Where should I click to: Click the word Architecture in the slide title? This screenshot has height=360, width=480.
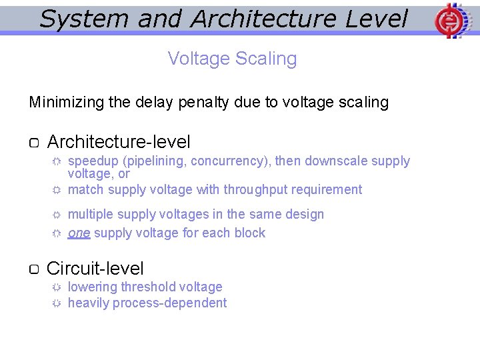point(264,19)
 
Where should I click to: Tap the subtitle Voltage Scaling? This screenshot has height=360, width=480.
point(232,59)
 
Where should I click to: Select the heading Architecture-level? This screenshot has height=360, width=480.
point(119,142)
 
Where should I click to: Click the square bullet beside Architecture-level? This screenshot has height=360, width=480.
point(35,143)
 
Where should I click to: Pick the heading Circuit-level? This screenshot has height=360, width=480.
point(95,269)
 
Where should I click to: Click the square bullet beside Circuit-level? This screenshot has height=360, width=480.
point(35,269)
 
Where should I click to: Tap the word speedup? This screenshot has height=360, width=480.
point(93,161)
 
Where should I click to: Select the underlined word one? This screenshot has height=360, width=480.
point(79,233)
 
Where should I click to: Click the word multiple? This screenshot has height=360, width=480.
point(90,215)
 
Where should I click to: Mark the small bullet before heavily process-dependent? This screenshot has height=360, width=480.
point(57,303)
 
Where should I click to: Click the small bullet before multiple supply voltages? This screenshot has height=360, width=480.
point(57,215)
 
